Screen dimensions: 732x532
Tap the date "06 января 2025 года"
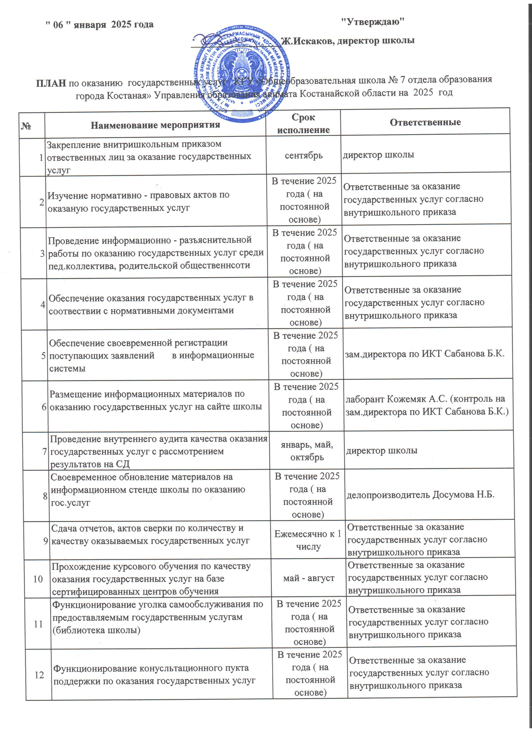point(99,25)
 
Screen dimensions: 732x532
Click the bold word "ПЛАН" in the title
point(51,84)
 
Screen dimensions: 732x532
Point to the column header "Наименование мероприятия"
point(155,125)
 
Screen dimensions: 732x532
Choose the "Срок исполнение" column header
point(303,123)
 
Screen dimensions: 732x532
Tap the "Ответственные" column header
point(425,122)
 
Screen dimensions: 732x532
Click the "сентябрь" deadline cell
point(304,155)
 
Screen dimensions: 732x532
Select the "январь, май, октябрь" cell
point(307,451)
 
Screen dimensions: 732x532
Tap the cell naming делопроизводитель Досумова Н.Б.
point(420,495)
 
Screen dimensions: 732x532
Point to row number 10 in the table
point(38,579)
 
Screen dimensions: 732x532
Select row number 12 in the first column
point(39,675)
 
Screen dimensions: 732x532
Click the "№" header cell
point(26,126)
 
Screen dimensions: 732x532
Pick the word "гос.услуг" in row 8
point(71,502)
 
